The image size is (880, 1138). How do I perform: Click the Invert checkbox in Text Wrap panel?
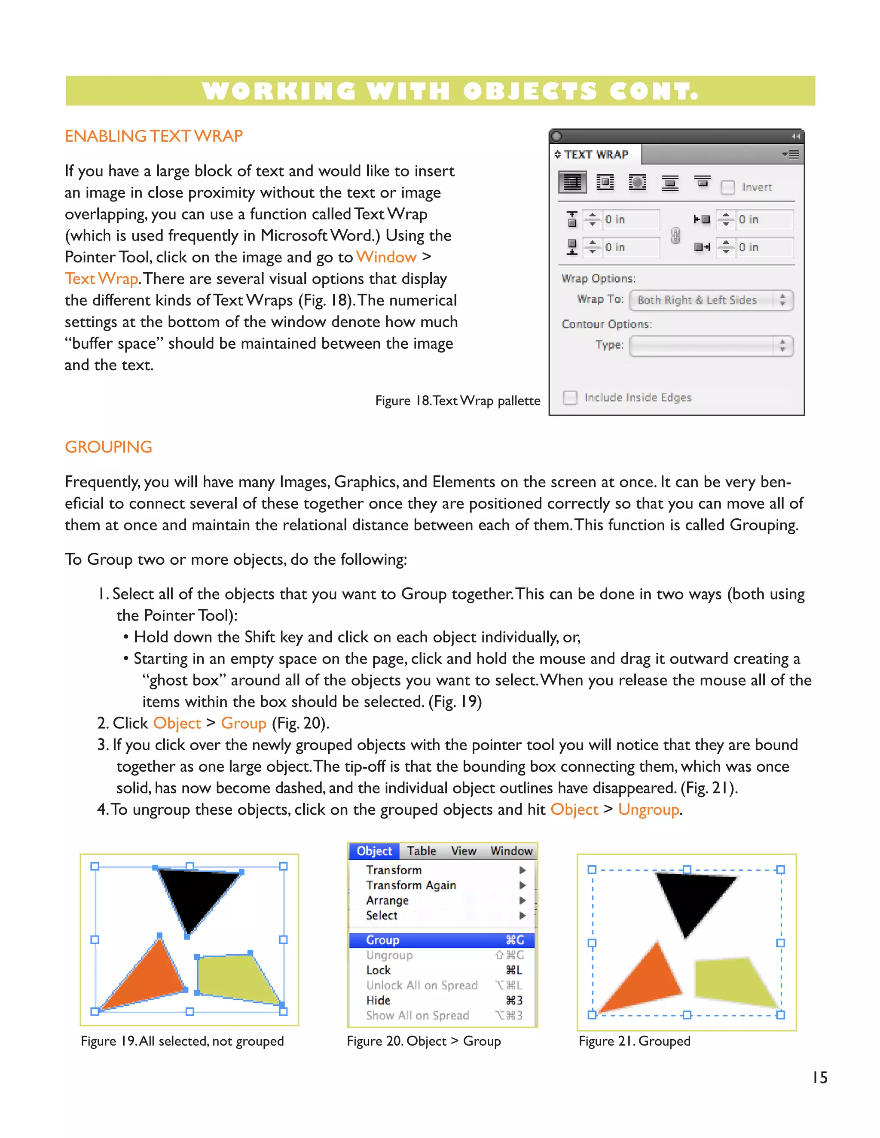point(727,187)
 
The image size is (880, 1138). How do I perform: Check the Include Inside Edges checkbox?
point(570,398)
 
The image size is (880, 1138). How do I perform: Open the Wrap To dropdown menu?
point(711,300)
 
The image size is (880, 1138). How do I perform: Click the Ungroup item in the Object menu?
point(389,955)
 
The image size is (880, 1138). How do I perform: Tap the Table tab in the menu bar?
point(421,851)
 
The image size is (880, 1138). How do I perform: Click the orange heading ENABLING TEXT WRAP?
point(154,136)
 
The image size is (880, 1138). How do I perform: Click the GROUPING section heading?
point(108,447)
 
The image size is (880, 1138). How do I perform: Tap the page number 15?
point(819,1077)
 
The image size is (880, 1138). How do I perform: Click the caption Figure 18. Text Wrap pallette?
point(457,401)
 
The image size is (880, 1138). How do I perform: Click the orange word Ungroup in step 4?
point(648,809)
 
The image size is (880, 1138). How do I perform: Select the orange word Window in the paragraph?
point(386,257)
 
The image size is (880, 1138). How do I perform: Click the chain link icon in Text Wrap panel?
point(675,235)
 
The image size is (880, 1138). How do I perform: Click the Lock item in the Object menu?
point(379,970)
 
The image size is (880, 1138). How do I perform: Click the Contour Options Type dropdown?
point(711,346)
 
